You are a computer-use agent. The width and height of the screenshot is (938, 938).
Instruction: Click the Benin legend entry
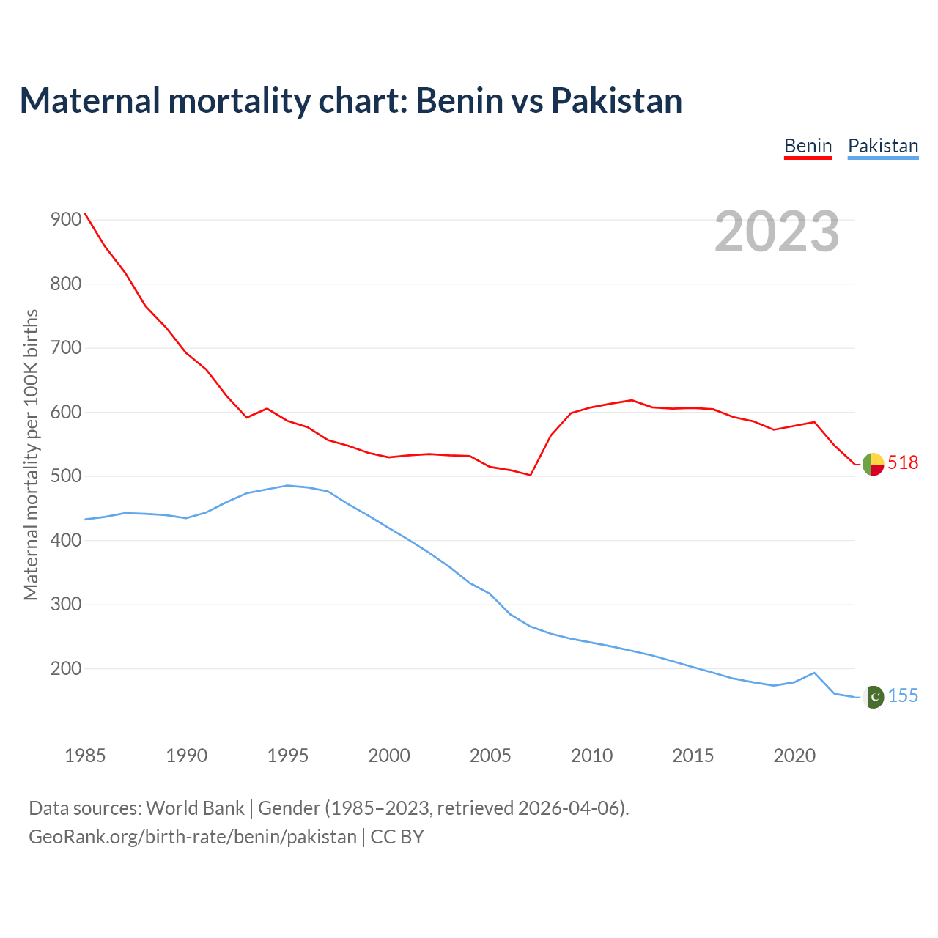[x=808, y=146]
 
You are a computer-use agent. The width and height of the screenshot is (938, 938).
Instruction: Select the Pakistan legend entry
[x=882, y=146]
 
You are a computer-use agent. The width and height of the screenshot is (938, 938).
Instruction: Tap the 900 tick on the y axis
[x=66, y=219]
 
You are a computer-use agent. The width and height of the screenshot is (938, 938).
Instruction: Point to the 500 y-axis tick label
[x=66, y=476]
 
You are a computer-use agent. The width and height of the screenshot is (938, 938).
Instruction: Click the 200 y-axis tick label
[x=66, y=668]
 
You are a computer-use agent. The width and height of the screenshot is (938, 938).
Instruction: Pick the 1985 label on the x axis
[x=85, y=756]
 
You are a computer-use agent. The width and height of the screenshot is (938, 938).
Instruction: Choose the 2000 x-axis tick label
[x=389, y=756]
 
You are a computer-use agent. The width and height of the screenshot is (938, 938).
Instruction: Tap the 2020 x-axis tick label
[x=794, y=756]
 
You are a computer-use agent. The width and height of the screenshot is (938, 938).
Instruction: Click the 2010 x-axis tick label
[x=591, y=756]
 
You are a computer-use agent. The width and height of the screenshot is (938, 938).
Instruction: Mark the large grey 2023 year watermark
[x=777, y=232]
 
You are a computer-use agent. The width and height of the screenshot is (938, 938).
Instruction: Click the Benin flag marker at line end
[x=873, y=464]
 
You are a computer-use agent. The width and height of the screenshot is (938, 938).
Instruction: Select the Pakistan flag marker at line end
[x=874, y=697]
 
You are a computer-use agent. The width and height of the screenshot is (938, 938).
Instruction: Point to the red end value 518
[x=903, y=463]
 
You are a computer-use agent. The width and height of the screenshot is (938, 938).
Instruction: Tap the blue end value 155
[x=903, y=696]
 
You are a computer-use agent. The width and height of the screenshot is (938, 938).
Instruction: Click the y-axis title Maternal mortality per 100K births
[x=31, y=454]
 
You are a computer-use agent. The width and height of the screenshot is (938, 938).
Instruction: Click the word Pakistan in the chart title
[x=616, y=100]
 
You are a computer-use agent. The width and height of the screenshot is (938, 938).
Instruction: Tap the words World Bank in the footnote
[x=195, y=808]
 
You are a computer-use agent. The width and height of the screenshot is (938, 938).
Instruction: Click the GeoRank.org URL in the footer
[x=193, y=837]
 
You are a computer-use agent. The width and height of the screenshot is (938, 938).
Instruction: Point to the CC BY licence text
[x=397, y=837]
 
